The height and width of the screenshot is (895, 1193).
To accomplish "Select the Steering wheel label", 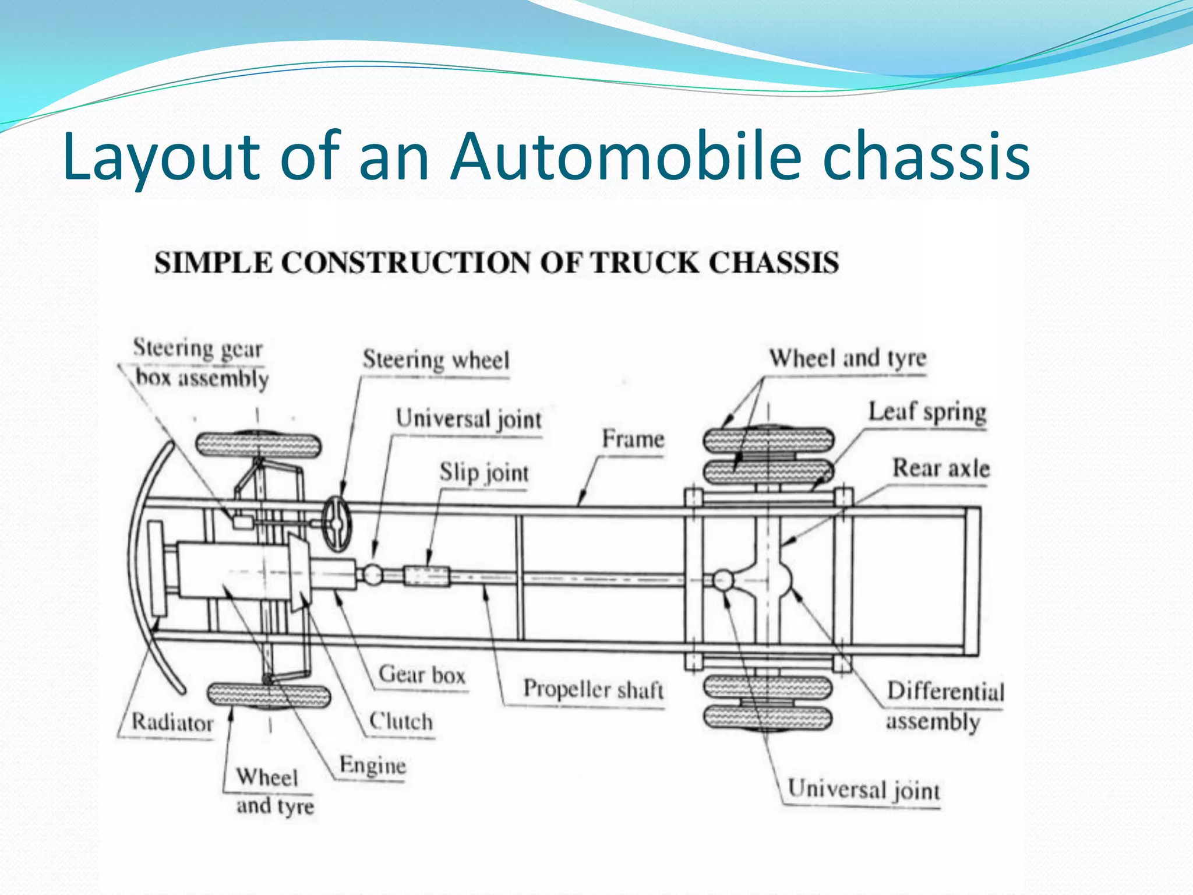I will pos(436,360).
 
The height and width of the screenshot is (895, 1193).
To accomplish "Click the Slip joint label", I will pos(484,473).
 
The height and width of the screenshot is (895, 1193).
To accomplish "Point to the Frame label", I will pos(633,439).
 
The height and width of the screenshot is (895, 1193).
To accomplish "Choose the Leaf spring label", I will pos(927,412).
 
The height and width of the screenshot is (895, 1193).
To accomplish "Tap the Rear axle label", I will pos(941,468).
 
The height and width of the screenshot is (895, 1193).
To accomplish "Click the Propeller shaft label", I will pos(593,689).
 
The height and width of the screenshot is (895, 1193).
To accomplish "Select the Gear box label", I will pos(422,675).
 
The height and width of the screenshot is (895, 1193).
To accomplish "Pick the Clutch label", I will pos(401,721).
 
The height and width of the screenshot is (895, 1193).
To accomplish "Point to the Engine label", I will pos(373,765).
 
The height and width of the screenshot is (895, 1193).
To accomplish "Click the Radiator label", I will pos(172,723).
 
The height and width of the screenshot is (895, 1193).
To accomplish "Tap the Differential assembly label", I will pos(944,706).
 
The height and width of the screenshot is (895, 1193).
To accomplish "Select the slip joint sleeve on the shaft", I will pos(427,576).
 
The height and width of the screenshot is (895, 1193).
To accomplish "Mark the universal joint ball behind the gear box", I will pos(372,575).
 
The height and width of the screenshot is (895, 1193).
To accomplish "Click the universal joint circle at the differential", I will pos(723,580).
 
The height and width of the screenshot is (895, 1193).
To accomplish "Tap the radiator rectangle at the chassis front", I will pos(156,568).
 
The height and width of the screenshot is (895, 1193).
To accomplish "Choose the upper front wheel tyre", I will pos(258,445).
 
